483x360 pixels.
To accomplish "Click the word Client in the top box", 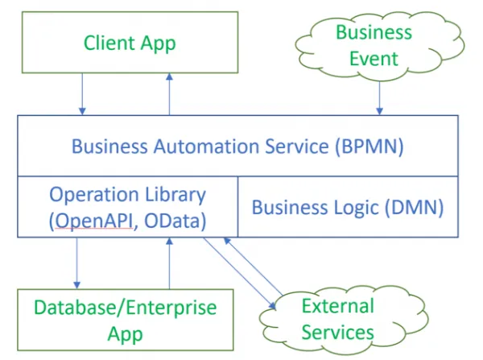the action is [109, 43].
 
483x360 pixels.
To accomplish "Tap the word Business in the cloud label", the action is [374, 32].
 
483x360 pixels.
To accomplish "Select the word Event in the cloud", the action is [374, 59].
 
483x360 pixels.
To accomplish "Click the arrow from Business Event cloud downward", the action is [379, 97].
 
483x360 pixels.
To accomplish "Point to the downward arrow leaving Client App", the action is [82, 93].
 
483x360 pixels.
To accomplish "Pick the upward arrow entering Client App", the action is [169, 93].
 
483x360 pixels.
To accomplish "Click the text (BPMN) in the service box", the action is [369, 147].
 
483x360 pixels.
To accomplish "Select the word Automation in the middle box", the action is [207, 146].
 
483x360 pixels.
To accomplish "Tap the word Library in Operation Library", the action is [175, 196].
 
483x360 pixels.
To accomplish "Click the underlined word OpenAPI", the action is [94, 221].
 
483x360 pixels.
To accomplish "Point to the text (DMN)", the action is [415, 208].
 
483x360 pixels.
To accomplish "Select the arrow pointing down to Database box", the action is [76, 263].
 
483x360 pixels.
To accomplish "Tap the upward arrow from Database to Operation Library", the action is [169, 263].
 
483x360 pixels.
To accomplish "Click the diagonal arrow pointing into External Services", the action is [240, 273].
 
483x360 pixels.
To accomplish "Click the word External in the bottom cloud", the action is [338, 306].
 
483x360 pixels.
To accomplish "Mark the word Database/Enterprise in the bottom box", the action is [126, 308].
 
